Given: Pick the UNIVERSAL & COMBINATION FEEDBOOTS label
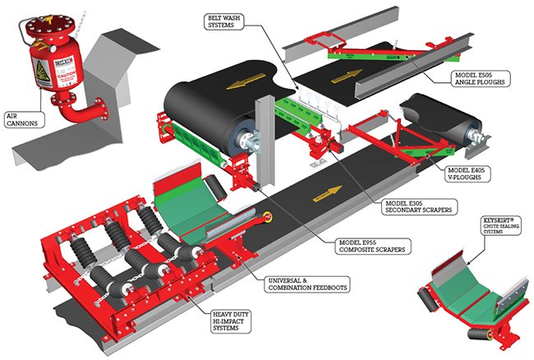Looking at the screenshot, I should (x=309, y=285).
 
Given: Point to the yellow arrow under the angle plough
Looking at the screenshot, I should (x=343, y=75).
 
